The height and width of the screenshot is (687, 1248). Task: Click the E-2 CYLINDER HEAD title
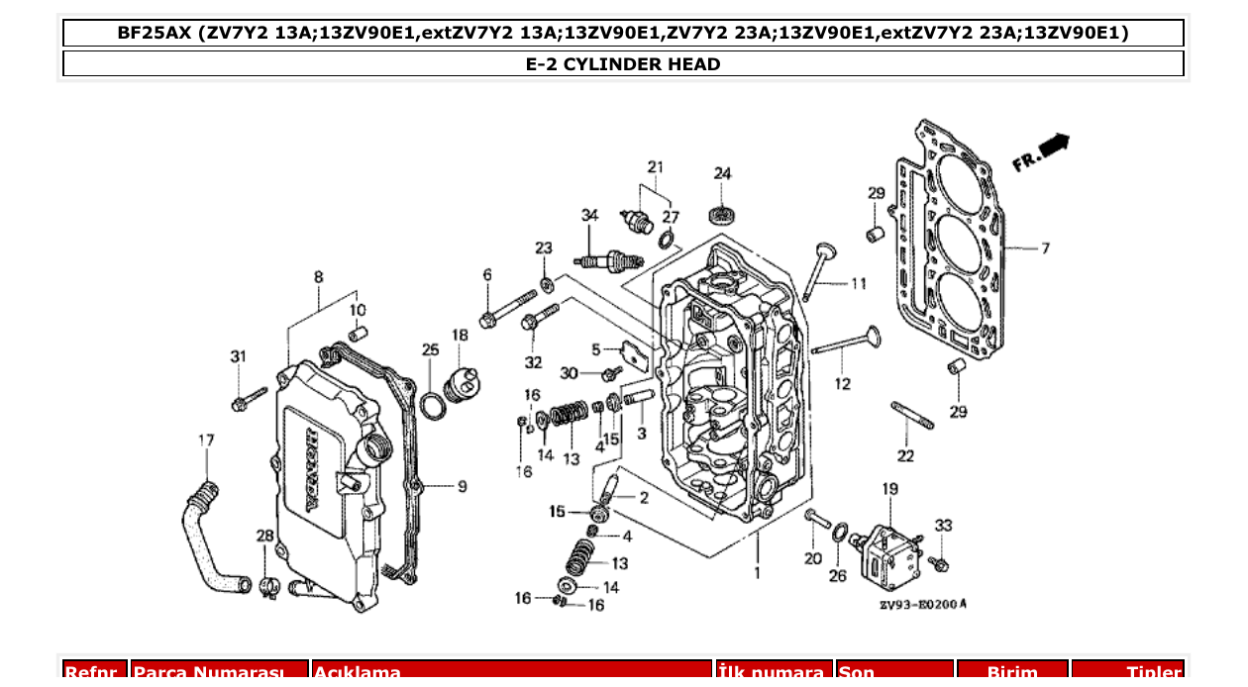(623, 64)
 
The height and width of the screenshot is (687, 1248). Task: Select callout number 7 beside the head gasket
(1044, 248)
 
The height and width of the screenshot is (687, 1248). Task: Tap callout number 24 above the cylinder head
(723, 173)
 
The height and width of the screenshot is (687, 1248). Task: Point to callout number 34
(590, 215)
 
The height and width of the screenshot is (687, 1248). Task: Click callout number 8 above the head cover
(318, 277)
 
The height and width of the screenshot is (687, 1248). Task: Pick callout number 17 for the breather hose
(206, 440)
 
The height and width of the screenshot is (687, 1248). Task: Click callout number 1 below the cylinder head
(758, 572)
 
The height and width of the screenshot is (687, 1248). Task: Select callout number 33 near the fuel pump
(943, 526)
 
